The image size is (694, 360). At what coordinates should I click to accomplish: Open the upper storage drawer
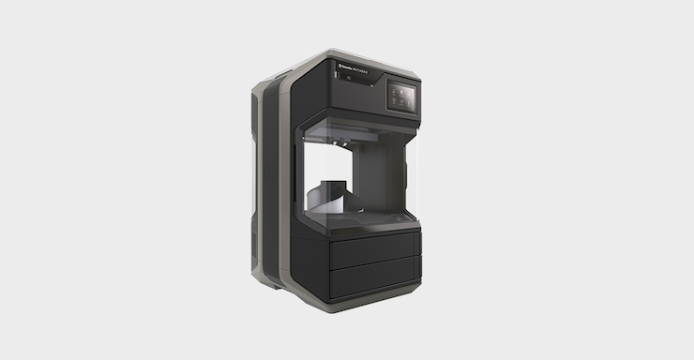tap(373, 248)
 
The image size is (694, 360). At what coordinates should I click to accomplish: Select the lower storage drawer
tap(373, 278)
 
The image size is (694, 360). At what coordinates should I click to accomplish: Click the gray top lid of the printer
tap(338, 58)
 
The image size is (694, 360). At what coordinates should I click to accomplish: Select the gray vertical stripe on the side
tap(276, 187)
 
